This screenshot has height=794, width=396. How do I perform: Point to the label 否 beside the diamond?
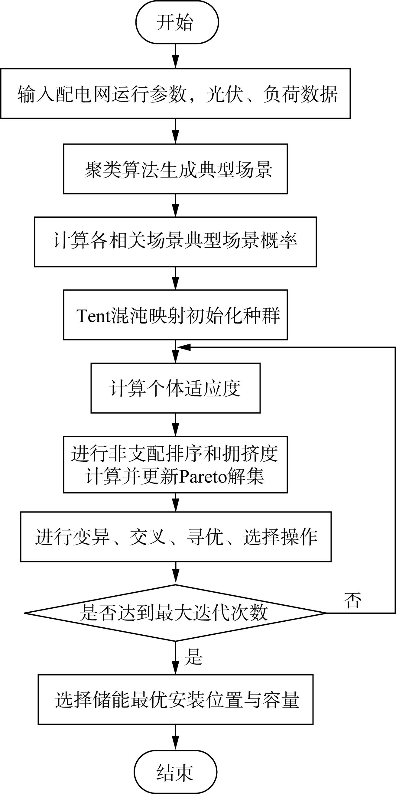coord(352,600)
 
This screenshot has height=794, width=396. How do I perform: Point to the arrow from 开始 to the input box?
coord(175,56)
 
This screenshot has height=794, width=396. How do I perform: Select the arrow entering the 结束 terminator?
coord(175,737)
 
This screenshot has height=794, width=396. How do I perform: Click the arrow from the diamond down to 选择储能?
coord(175,658)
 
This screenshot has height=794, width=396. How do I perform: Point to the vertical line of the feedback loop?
coord(395,480)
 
